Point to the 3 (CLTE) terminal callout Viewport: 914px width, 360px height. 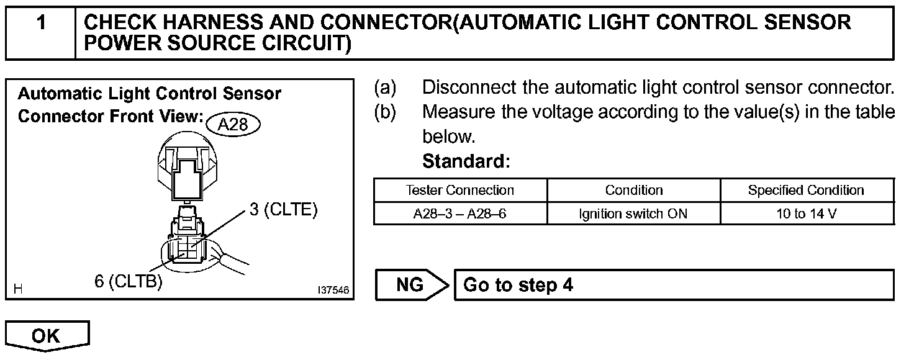tap(284, 210)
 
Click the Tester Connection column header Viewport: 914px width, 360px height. tap(459, 190)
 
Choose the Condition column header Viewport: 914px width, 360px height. tap(633, 190)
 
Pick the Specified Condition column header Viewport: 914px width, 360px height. tap(806, 190)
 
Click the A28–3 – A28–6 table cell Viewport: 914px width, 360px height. tap(459, 214)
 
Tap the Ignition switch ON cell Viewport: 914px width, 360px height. tap(633, 214)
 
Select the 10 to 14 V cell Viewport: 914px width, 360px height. tap(806, 214)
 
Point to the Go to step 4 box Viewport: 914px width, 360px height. tap(674, 285)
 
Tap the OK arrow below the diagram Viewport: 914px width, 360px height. tap(47, 336)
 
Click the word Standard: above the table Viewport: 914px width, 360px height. tap(466, 162)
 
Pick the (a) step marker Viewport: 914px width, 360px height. tap(384, 88)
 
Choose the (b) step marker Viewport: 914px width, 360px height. tap(384, 112)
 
